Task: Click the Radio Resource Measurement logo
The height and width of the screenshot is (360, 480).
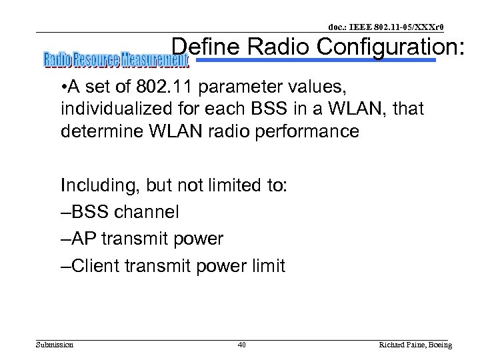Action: [x=116, y=61]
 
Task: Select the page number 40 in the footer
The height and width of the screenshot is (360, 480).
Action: [x=241, y=345]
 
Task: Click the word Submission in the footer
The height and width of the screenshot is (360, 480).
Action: [x=55, y=345]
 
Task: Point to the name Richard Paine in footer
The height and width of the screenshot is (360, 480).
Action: [x=401, y=345]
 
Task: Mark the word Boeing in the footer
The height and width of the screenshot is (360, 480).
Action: [x=439, y=345]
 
